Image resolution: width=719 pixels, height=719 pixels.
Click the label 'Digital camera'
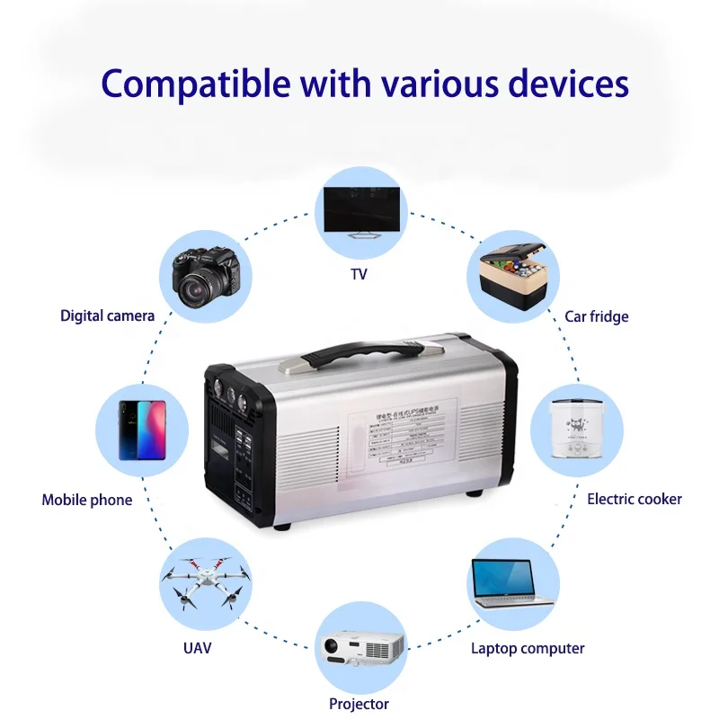[x=108, y=315]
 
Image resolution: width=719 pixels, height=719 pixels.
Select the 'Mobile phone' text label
[x=87, y=500]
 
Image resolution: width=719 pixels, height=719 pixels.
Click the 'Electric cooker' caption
[x=635, y=499]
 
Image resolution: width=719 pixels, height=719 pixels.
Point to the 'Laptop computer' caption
[x=528, y=648]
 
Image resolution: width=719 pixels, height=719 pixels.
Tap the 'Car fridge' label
[x=597, y=316]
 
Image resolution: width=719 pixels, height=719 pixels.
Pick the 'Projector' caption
[x=359, y=704]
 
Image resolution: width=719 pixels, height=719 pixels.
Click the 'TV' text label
[x=359, y=273]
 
